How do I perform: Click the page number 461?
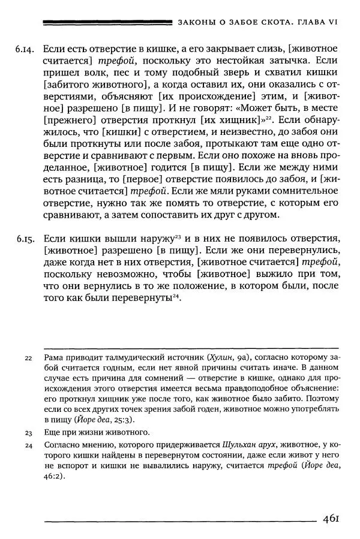click(332, 519)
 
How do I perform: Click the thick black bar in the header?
click(108, 22)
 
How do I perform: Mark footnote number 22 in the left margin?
click(28, 359)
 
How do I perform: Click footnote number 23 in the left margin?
click(28, 432)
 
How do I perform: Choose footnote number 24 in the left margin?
click(28, 446)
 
